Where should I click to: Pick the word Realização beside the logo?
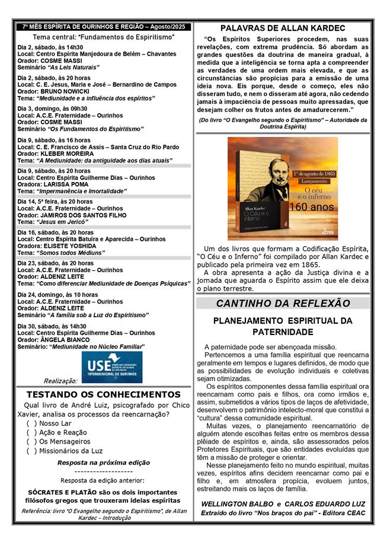(60, 381)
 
